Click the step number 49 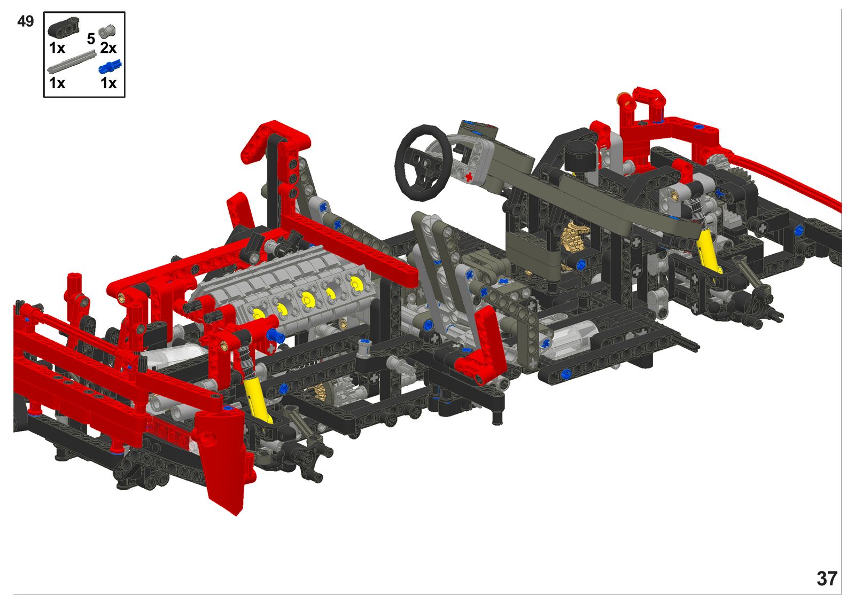tap(25, 21)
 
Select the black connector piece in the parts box tap(64, 27)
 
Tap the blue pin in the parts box tap(110, 67)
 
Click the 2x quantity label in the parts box tap(108, 48)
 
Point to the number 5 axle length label tap(91, 38)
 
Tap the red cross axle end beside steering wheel tap(469, 177)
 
